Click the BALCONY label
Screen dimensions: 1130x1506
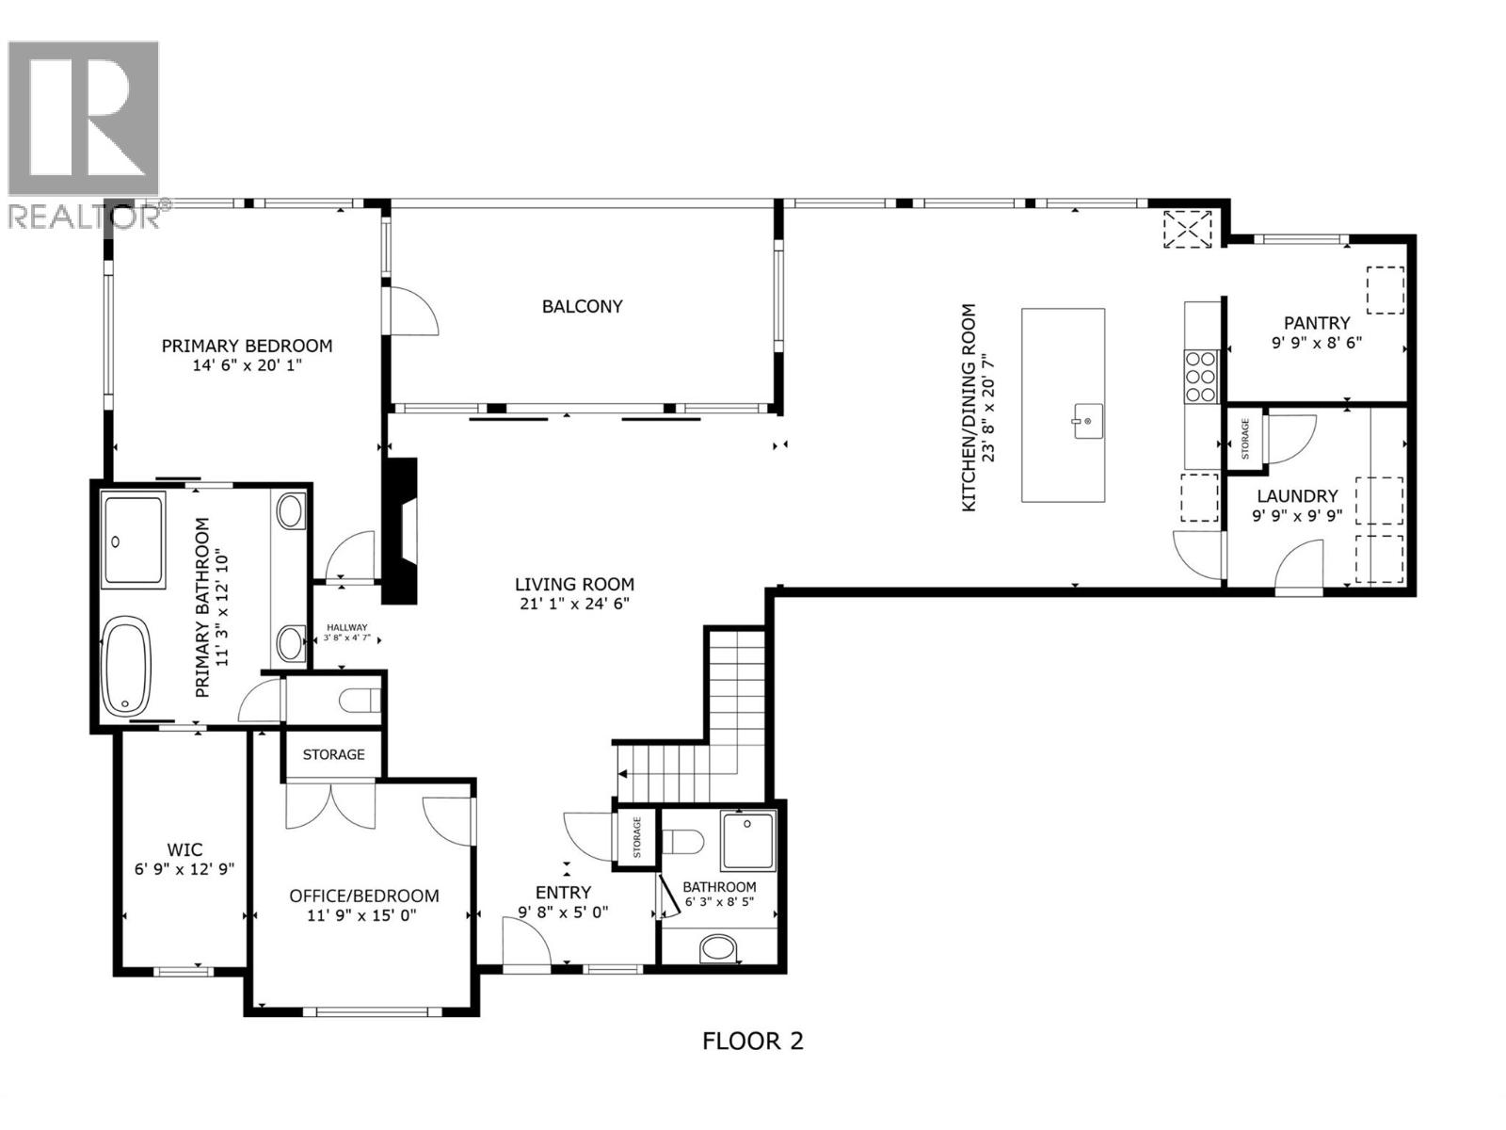[x=582, y=306]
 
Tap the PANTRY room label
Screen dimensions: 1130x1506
[x=1317, y=322]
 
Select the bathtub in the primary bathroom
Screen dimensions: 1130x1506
[x=125, y=666]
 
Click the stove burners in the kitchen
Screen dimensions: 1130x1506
[x=1201, y=376]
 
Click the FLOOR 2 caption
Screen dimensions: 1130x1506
[x=753, y=1041]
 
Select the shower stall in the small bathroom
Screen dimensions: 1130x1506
[x=748, y=841]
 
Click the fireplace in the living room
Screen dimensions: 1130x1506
[x=401, y=530]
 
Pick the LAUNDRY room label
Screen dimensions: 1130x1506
[x=1297, y=495]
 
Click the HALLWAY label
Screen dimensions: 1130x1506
[x=346, y=627]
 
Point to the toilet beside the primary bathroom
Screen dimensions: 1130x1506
[x=360, y=701]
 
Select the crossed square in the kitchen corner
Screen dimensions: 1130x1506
[x=1188, y=229]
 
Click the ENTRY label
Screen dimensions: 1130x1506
[x=563, y=892]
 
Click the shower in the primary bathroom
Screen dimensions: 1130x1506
[x=132, y=540]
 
